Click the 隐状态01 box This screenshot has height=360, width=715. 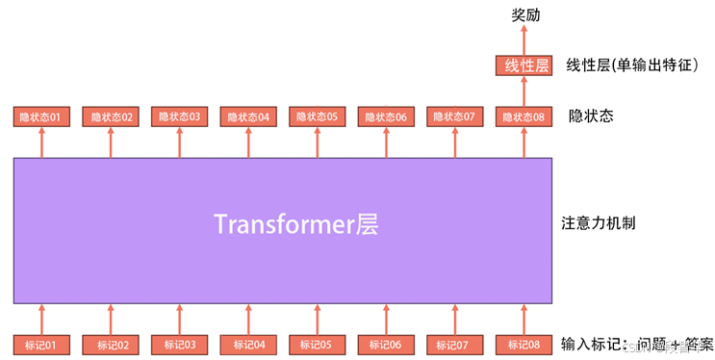click(x=42, y=117)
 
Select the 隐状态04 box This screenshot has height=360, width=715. click(x=249, y=117)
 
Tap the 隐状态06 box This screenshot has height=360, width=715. click(x=386, y=117)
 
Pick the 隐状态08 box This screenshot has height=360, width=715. click(x=524, y=117)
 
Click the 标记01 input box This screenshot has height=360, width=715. click(x=42, y=344)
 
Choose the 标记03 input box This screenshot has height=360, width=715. click(x=180, y=344)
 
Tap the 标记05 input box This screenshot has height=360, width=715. click(x=318, y=344)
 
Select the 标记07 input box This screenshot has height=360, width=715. click(x=455, y=344)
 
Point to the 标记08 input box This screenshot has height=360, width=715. click(x=524, y=344)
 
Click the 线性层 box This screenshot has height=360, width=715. click(x=525, y=66)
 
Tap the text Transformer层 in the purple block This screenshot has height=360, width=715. click(x=295, y=224)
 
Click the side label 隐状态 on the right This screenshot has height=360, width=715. click(x=591, y=116)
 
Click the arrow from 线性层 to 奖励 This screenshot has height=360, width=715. click(x=525, y=40)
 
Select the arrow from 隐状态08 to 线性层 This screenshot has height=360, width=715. click(x=525, y=92)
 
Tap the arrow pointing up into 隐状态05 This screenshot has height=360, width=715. click(x=318, y=142)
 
